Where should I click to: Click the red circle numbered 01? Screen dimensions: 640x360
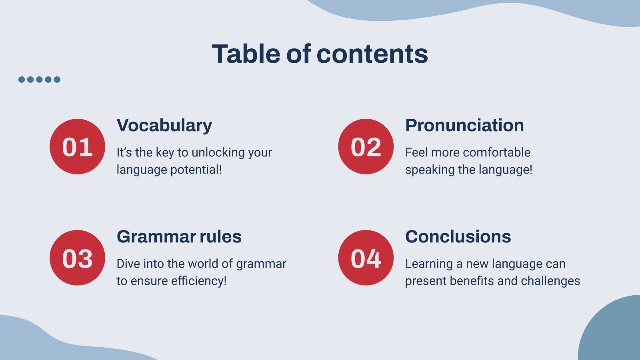77,146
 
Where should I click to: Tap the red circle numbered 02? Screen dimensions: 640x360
366,146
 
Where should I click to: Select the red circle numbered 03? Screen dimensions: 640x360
77,258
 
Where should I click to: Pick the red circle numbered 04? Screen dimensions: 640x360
366,258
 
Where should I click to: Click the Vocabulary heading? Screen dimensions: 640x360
164,126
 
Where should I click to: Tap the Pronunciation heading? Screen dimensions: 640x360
464,125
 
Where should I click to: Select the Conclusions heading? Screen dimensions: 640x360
458,236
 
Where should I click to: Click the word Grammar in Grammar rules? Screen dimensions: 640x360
156,236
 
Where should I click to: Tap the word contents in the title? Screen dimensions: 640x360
372,54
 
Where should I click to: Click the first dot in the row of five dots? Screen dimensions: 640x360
22,80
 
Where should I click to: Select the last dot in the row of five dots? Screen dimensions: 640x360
57,80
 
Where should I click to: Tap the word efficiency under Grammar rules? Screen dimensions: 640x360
199,281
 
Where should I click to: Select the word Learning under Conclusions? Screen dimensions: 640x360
429,264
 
